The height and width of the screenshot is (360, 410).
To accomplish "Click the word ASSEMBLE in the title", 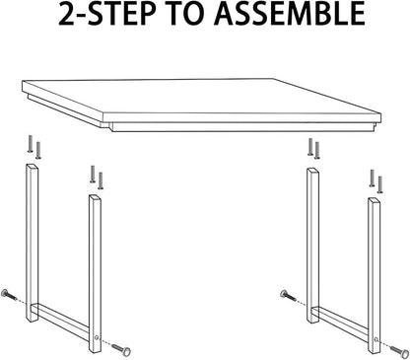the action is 290,14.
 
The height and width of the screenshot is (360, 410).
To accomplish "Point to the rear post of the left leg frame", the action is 32,243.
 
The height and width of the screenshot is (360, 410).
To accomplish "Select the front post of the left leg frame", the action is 95,273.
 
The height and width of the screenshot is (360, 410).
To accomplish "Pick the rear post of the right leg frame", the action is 312,246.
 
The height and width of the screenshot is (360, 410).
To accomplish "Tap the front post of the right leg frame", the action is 374,275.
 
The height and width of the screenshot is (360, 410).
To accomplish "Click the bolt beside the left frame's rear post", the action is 9,295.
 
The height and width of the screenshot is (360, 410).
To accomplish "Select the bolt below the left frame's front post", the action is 121,350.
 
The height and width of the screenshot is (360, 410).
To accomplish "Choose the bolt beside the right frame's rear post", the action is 288,296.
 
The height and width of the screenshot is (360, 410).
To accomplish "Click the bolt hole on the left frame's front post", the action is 96,337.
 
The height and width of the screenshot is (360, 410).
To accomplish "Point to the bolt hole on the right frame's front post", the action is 376,339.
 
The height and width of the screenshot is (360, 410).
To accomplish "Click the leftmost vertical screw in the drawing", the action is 30,144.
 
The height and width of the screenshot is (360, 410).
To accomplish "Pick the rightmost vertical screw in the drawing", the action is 380,184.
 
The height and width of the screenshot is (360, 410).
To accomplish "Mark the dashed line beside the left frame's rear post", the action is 22,302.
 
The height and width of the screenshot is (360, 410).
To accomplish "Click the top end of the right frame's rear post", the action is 312,171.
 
